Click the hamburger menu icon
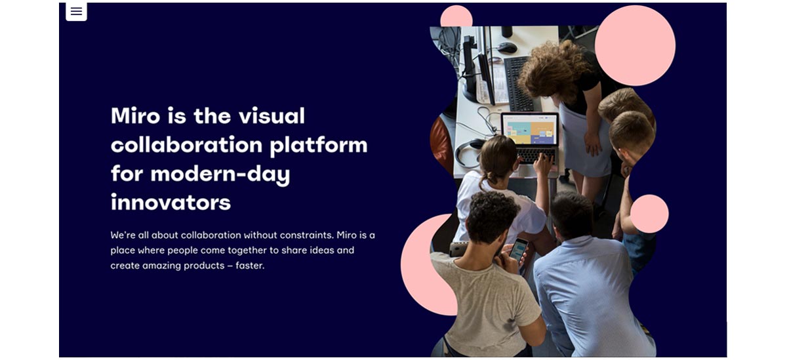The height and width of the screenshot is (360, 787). tap(76, 11)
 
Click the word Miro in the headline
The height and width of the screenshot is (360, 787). tap(135, 115)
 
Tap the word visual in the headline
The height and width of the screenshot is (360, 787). tap(272, 115)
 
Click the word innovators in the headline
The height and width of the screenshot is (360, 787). tap(171, 202)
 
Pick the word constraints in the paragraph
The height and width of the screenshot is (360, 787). tap(306, 235)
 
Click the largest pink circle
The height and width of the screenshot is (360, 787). tap(635, 45)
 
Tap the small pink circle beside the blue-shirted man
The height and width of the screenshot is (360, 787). tap(649, 214)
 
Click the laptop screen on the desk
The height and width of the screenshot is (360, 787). tap(530, 129)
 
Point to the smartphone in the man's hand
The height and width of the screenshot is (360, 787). tap(519, 250)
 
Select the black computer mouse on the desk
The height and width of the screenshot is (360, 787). tap(507, 47)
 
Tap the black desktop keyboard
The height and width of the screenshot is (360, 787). tap(519, 83)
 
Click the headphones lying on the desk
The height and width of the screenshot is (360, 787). tap(469, 151)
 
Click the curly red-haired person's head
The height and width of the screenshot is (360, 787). tap(554, 68)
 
